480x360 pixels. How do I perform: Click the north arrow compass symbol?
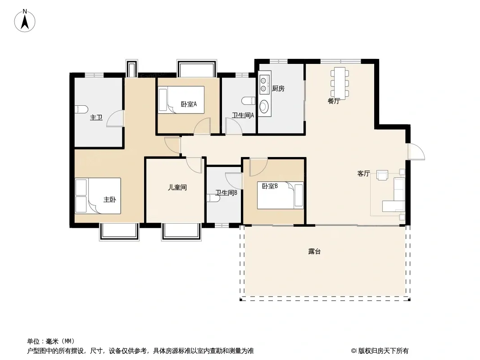click(x=25, y=21)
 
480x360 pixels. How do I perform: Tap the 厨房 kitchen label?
click(x=278, y=89)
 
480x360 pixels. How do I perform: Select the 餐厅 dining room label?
click(x=334, y=101)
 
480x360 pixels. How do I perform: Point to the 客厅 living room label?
click(x=364, y=174)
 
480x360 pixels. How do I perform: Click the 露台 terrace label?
click(x=314, y=252)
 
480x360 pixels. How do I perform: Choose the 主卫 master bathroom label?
click(x=96, y=117)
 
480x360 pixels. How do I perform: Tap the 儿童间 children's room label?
click(x=177, y=187)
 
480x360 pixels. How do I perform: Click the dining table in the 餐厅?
click(x=340, y=83)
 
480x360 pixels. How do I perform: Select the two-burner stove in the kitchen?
click(x=263, y=85)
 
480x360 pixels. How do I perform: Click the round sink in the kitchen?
click(x=263, y=107)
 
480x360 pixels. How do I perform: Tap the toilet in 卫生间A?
click(x=249, y=101)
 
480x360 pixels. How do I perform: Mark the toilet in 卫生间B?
click(x=213, y=198)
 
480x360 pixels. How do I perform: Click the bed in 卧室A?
click(x=181, y=100)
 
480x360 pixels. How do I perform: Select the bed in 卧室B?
click(x=280, y=195)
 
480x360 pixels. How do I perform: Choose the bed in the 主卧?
click(x=98, y=196)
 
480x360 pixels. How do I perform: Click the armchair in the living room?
click(x=382, y=175)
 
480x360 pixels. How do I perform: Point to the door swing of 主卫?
click(x=115, y=118)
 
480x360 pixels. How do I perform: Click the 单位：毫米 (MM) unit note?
click(x=51, y=341)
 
